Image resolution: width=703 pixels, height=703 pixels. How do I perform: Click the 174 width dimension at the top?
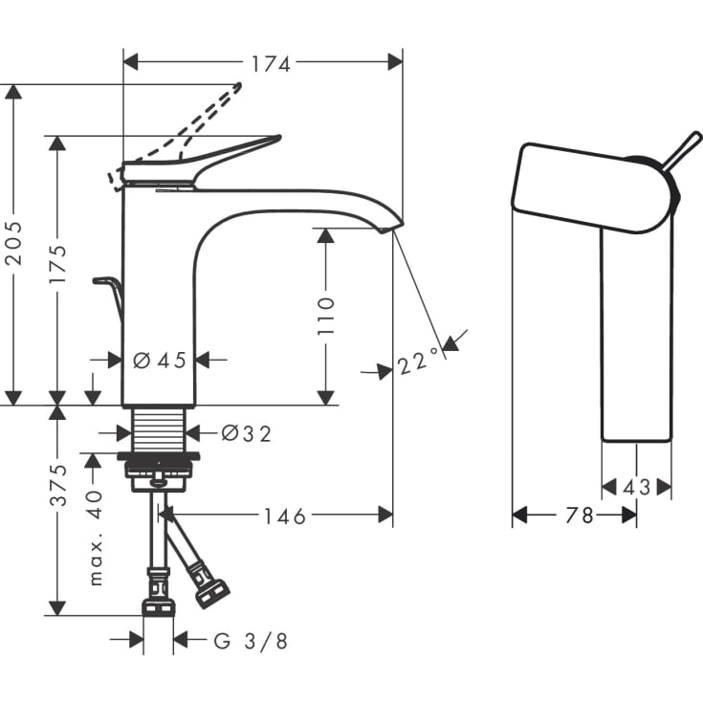271,63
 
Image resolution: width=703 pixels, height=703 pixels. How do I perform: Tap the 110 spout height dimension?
326,315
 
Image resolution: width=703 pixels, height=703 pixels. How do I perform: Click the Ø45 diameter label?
159,361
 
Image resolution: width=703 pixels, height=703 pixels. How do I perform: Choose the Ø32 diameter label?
246,433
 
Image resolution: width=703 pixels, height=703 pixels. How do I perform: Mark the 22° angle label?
419,362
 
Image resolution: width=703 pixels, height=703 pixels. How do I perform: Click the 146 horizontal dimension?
285,516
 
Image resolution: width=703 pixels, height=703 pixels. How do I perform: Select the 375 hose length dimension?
57,487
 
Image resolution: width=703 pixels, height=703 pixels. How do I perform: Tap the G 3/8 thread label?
251,641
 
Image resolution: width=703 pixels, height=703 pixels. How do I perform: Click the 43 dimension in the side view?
636,488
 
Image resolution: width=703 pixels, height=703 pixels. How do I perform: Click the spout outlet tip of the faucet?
394,226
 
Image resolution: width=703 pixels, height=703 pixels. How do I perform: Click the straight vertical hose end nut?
158,604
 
